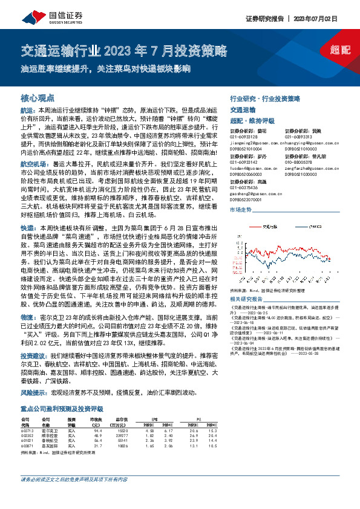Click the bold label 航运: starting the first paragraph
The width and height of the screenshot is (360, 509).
[x=28, y=111]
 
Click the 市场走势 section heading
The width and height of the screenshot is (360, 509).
[x=241, y=209]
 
